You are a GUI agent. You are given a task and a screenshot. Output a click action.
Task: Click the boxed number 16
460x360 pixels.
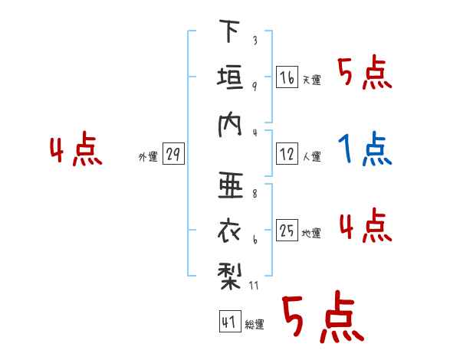tap(287, 77)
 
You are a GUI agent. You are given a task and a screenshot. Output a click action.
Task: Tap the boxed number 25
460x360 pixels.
tap(287, 231)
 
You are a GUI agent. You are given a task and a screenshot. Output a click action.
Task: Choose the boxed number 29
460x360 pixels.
tap(173, 155)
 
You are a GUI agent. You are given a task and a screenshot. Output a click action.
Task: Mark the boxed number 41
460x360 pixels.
tap(228, 322)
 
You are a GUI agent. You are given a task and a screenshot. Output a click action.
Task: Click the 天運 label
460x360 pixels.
tap(312, 80)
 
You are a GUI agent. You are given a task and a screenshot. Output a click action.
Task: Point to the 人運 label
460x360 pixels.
tap(312, 157)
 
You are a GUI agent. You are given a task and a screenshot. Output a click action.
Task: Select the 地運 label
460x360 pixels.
tap(312, 234)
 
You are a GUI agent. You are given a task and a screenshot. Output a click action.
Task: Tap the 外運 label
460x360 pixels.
tap(148, 157)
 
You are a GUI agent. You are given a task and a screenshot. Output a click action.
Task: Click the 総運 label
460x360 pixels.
tap(254, 325)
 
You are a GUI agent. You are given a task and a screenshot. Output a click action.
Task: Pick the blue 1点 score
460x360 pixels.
tap(365, 149)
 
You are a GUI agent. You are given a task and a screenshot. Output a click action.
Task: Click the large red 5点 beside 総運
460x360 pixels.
tap(322, 319)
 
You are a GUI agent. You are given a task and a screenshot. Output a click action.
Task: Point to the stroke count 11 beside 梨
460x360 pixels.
tap(255, 286)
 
